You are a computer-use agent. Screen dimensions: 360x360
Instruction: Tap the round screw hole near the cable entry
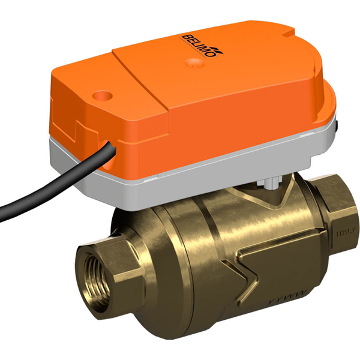point(100,94)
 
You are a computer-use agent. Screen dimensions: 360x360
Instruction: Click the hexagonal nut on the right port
point(339,210)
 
